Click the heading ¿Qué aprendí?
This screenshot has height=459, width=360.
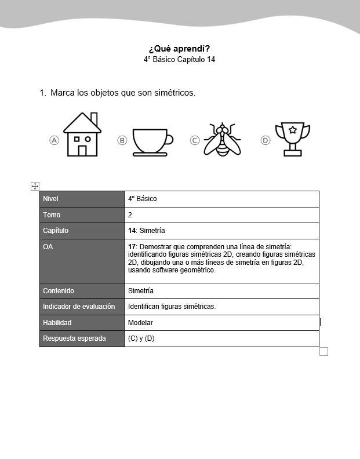(179, 48)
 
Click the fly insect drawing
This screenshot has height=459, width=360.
(223, 140)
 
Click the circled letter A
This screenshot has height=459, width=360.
(54, 140)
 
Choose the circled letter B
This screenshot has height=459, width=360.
(122, 140)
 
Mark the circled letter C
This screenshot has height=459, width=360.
(195, 140)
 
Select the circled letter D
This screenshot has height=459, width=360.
(266, 140)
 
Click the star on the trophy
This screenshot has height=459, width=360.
(292, 130)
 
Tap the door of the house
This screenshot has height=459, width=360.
(82, 151)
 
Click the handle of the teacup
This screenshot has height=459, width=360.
(169, 139)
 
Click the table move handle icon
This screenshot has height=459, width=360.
(35, 186)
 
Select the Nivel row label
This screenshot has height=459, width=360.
(51, 199)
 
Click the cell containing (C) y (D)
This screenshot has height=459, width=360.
(141, 338)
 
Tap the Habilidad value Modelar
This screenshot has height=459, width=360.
(140, 323)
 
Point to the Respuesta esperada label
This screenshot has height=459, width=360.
(74, 338)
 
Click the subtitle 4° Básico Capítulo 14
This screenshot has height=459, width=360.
(179, 60)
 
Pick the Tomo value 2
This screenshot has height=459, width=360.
(130, 215)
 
